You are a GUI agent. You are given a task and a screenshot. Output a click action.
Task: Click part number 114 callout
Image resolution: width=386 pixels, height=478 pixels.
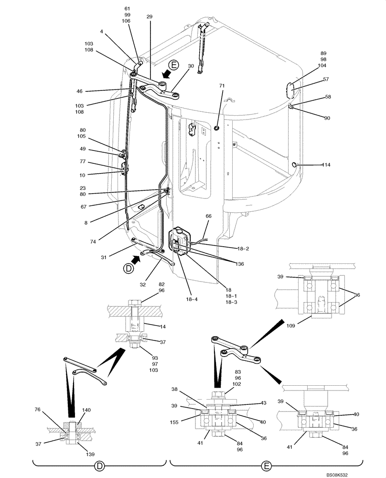pos(326,165)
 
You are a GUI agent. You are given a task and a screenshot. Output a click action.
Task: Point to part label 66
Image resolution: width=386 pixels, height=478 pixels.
pos(208,216)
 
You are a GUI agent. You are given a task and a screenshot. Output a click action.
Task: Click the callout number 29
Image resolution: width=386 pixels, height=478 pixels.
pos(150,17)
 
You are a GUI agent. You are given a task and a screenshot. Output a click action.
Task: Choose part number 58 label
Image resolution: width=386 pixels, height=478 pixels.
pos(328,97)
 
